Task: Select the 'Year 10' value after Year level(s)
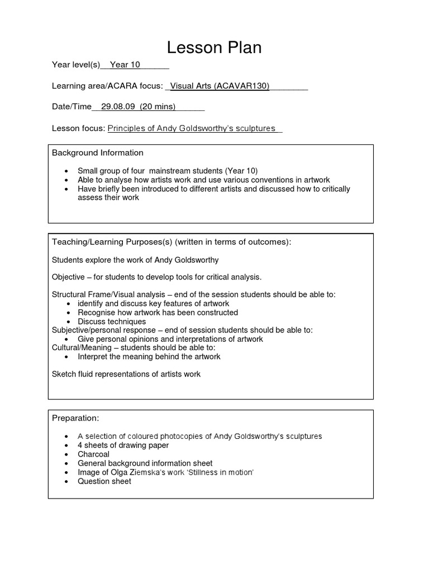point(125,65)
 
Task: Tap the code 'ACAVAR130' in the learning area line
point(242,86)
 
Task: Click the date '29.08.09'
point(118,107)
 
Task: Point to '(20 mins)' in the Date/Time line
point(158,107)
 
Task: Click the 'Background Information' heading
point(98,153)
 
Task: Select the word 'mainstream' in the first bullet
point(178,171)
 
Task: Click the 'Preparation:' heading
point(75,418)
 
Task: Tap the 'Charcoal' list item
point(94,454)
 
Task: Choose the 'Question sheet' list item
point(104,481)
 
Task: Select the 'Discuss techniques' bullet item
point(112,322)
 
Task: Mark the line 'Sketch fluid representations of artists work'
point(126,374)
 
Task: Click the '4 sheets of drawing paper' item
point(123,446)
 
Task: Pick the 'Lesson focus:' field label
point(78,128)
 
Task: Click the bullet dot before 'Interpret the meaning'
point(68,357)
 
